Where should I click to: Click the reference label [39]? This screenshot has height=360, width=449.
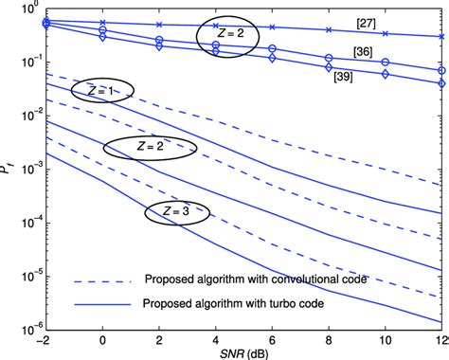click(344, 77)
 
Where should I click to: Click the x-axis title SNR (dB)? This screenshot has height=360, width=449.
click(242, 353)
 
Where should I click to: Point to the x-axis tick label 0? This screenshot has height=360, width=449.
click(102, 338)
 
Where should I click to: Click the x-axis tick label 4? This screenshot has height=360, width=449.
click(216, 338)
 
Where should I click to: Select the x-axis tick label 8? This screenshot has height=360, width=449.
click(329, 338)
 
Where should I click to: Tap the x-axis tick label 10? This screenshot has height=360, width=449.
click(385, 338)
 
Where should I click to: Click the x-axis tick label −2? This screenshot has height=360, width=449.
click(43, 338)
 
